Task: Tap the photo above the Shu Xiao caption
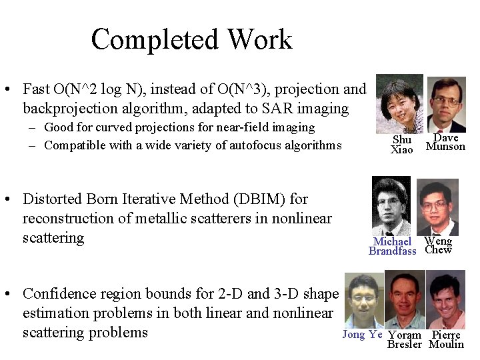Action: [x=399, y=104]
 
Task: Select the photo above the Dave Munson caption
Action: [x=445, y=105]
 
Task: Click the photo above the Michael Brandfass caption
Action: [x=391, y=206]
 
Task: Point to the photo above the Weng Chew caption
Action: [x=437, y=207]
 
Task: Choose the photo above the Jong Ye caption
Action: [x=363, y=300]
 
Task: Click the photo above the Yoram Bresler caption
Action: [x=405, y=300]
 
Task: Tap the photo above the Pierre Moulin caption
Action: [x=446, y=300]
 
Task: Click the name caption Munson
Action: [x=445, y=147]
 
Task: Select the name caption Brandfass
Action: [x=392, y=251]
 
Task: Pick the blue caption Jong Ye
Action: [x=363, y=335]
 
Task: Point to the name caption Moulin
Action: [x=446, y=345]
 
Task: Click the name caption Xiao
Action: [x=401, y=150]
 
